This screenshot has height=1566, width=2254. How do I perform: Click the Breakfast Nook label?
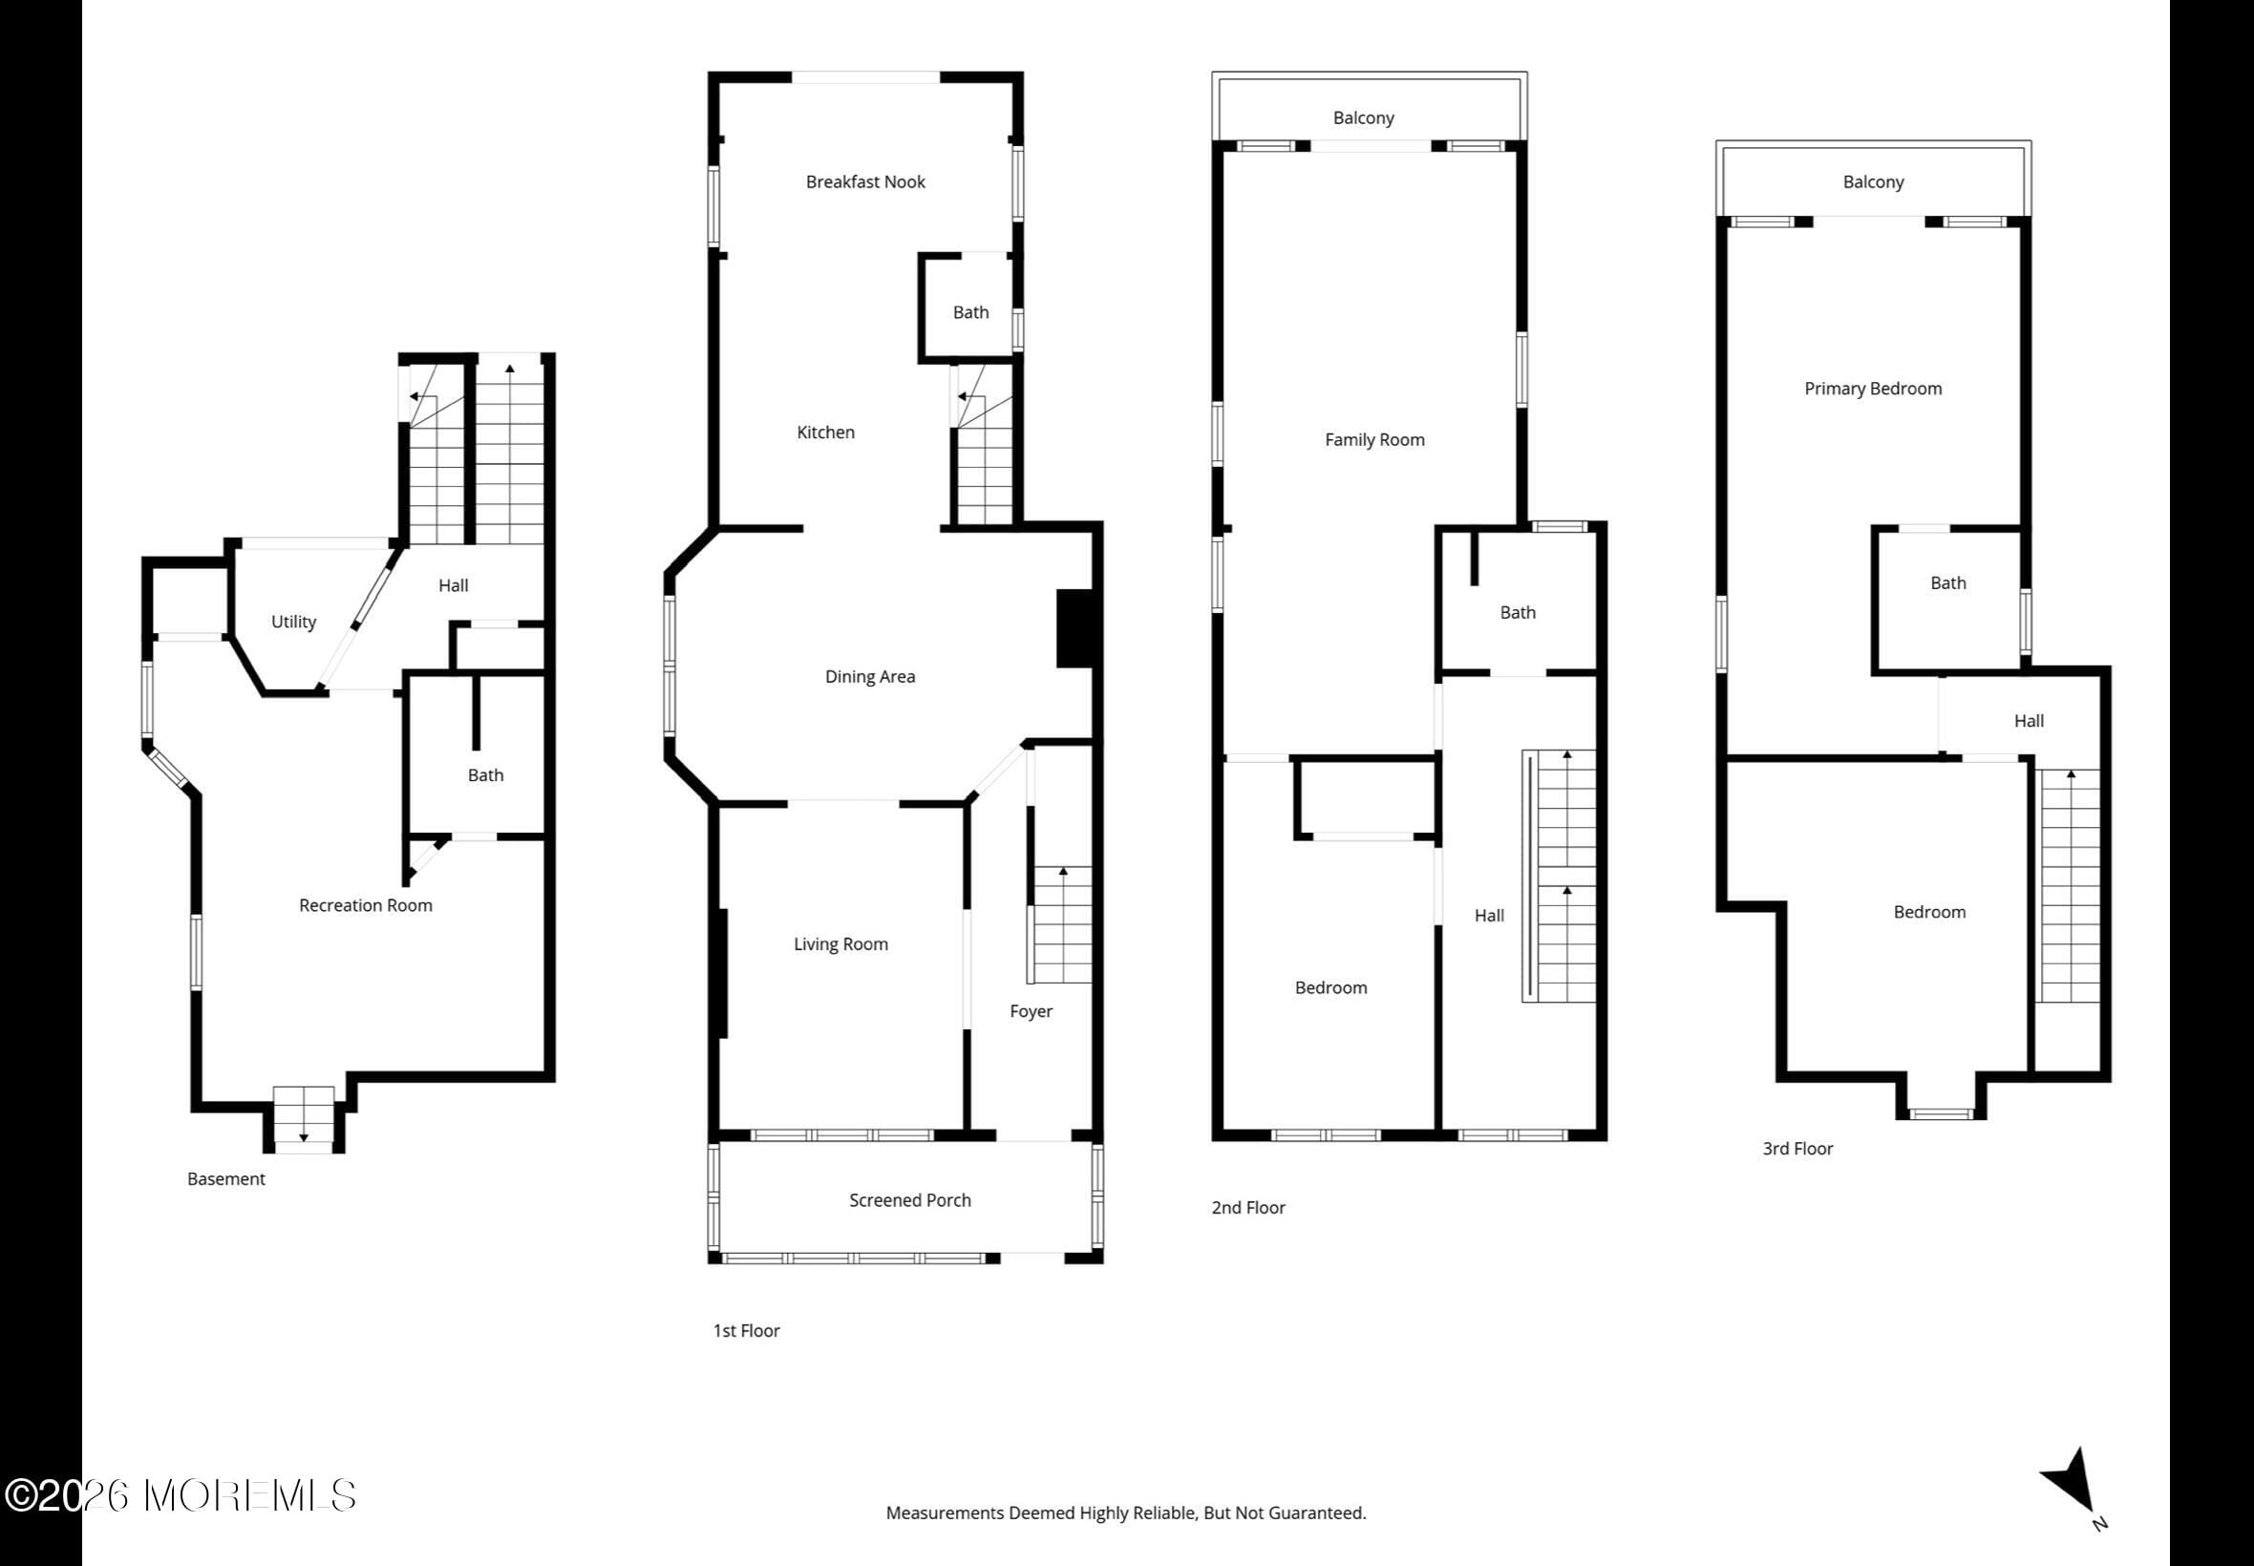[x=864, y=181]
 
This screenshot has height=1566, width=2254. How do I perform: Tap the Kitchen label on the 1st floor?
[x=825, y=432]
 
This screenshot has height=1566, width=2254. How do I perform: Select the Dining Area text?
[x=869, y=676]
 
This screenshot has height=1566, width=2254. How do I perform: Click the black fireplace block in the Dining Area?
[x=1074, y=629]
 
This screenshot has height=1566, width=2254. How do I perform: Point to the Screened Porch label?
[x=909, y=1200]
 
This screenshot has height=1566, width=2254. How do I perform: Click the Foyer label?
[x=1031, y=1010]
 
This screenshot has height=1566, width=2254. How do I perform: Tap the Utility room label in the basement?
[x=293, y=621]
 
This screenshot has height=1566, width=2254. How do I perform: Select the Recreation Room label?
[x=365, y=904]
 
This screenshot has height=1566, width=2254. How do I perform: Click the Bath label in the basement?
[x=485, y=775]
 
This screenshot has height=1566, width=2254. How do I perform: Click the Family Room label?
[x=1373, y=439]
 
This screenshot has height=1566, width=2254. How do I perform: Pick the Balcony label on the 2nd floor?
[x=1363, y=117]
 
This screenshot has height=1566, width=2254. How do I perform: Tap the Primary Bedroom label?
[x=1872, y=389]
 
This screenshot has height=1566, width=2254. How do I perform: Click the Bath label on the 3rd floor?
[x=1947, y=582]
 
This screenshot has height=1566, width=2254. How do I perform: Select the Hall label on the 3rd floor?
[x=2029, y=720]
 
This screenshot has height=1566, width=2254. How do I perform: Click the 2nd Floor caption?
[x=1247, y=1208]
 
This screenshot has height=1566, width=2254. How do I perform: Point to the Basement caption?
[x=225, y=1178]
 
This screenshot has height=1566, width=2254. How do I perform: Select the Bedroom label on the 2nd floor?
[x=1330, y=987]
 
